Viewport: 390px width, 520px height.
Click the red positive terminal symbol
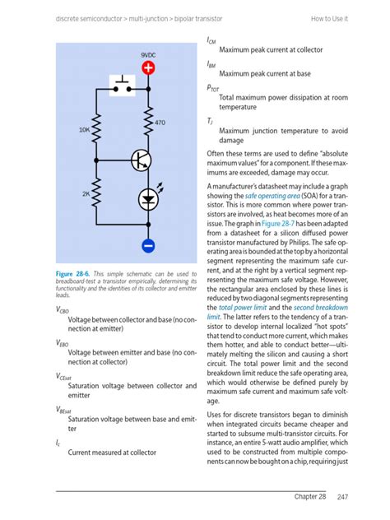click(148, 68)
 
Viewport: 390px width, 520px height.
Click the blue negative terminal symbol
click(148, 246)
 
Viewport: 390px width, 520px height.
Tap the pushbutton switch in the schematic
click(122, 86)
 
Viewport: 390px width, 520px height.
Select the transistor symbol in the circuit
click(142, 160)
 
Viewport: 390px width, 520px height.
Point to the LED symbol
click(148, 199)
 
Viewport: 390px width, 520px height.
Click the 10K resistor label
click(84, 130)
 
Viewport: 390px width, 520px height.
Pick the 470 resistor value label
click(160, 123)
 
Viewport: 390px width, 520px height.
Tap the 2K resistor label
click(86, 193)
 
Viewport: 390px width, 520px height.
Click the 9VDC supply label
click(148, 55)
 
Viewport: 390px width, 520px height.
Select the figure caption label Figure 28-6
click(72, 274)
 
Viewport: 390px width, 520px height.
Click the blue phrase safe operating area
click(272, 196)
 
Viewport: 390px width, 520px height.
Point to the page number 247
click(342, 497)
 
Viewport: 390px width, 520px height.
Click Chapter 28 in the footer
click(310, 496)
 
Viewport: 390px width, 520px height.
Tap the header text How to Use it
click(329, 19)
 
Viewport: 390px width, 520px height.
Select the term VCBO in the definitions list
click(62, 310)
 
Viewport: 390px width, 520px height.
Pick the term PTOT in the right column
click(213, 88)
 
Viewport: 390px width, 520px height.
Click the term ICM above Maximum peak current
click(211, 40)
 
